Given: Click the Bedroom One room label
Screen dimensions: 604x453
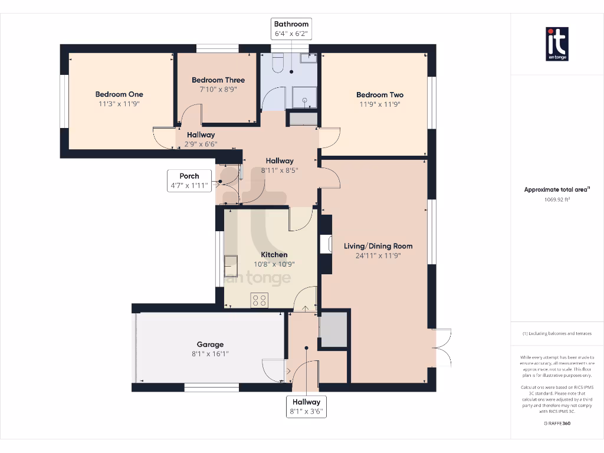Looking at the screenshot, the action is (119, 94).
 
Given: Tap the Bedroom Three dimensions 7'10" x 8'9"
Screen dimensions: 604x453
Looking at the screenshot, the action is (218, 90).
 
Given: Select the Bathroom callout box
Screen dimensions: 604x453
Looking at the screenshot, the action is (291, 29).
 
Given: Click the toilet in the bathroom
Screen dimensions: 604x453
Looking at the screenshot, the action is (278, 63).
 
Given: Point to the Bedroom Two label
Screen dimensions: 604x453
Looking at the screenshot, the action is (380, 95).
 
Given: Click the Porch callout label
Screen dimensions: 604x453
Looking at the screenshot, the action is (189, 180).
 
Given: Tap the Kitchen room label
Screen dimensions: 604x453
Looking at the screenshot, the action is (274, 255).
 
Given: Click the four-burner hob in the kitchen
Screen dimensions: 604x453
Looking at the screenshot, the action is (260, 300).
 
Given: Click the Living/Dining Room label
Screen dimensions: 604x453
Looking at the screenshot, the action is (378, 246).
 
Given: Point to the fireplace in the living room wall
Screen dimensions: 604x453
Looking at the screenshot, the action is (326, 245).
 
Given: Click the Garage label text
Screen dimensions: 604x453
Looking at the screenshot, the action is (210, 344).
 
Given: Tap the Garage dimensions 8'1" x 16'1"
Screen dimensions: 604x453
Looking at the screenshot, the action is (210, 354).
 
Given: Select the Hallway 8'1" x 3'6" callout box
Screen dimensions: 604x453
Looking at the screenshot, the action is (306, 407).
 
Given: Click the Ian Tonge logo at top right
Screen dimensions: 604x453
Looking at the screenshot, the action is (557, 44).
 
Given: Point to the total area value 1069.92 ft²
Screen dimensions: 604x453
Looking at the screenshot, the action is (557, 199).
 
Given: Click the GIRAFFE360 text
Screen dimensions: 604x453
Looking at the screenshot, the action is (557, 424).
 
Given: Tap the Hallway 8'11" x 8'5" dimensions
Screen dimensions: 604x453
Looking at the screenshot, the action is (279, 170).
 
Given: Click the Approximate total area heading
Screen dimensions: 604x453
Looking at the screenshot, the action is (557, 189).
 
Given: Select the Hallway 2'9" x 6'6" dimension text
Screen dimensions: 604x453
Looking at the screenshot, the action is (201, 144).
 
